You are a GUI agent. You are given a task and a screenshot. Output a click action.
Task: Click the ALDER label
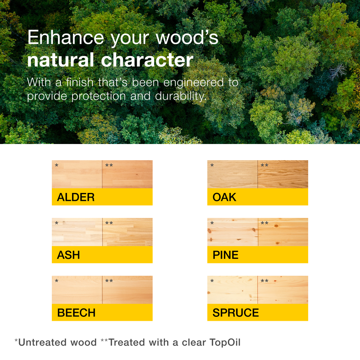(x=76, y=197)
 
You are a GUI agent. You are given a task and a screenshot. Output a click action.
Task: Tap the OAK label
(x=224, y=197)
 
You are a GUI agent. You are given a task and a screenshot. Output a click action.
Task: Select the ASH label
(x=68, y=255)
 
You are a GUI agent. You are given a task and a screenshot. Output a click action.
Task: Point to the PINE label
(x=225, y=255)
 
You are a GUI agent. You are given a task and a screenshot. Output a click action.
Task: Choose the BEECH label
(x=76, y=313)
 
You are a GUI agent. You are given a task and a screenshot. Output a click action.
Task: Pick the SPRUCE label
(x=235, y=313)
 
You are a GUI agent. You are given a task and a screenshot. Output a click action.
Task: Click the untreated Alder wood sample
(x=77, y=174)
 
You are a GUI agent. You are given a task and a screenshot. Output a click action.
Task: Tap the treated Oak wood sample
(x=283, y=174)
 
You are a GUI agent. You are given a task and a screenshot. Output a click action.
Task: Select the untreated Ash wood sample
(x=77, y=232)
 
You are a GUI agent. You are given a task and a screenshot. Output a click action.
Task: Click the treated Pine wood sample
(x=283, y=232)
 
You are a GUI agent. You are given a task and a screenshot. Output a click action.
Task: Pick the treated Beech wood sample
(x=127, y=290)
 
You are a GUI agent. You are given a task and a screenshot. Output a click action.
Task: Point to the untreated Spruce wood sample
(x=232, y=290)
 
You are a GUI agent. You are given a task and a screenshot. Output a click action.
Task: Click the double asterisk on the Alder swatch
(x=109, y=165)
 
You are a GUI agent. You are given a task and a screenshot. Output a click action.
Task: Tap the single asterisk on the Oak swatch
(x=212, y=165)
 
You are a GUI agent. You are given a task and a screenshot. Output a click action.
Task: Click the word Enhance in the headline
(x=66, y=37)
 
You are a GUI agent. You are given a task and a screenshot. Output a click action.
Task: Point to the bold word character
(x=147, y=60)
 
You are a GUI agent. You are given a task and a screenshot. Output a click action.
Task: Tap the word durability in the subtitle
(x=181, y=96)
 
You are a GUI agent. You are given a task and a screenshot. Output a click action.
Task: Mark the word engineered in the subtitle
(x=193, y=83)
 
